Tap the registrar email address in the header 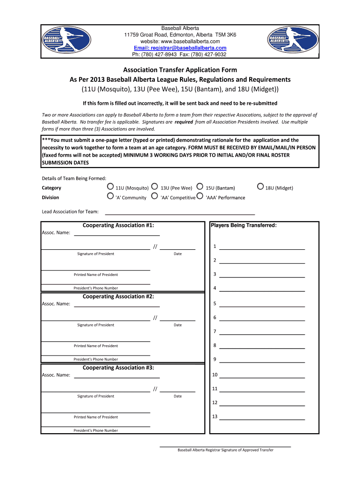(x=180, y=48)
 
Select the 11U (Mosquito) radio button (x=110, y=187)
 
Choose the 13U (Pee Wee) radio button (x=155, y=187)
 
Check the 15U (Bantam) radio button (x=200, y=187)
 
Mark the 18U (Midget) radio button (x=260, y=187)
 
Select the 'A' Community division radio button (x=110, y=196)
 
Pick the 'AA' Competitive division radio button (x=155, y=196)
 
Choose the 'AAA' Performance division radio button (x=200, y=196)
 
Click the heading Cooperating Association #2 (x=118, y=297)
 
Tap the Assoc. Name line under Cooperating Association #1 (x=117, y=234)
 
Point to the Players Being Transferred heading (x=244, y=225)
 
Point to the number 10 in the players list (x=215, y=375)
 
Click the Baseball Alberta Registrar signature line (x=225, y=446)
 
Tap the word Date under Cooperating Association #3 (x=178, y=396)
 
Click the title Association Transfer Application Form (x=180, y=70)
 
